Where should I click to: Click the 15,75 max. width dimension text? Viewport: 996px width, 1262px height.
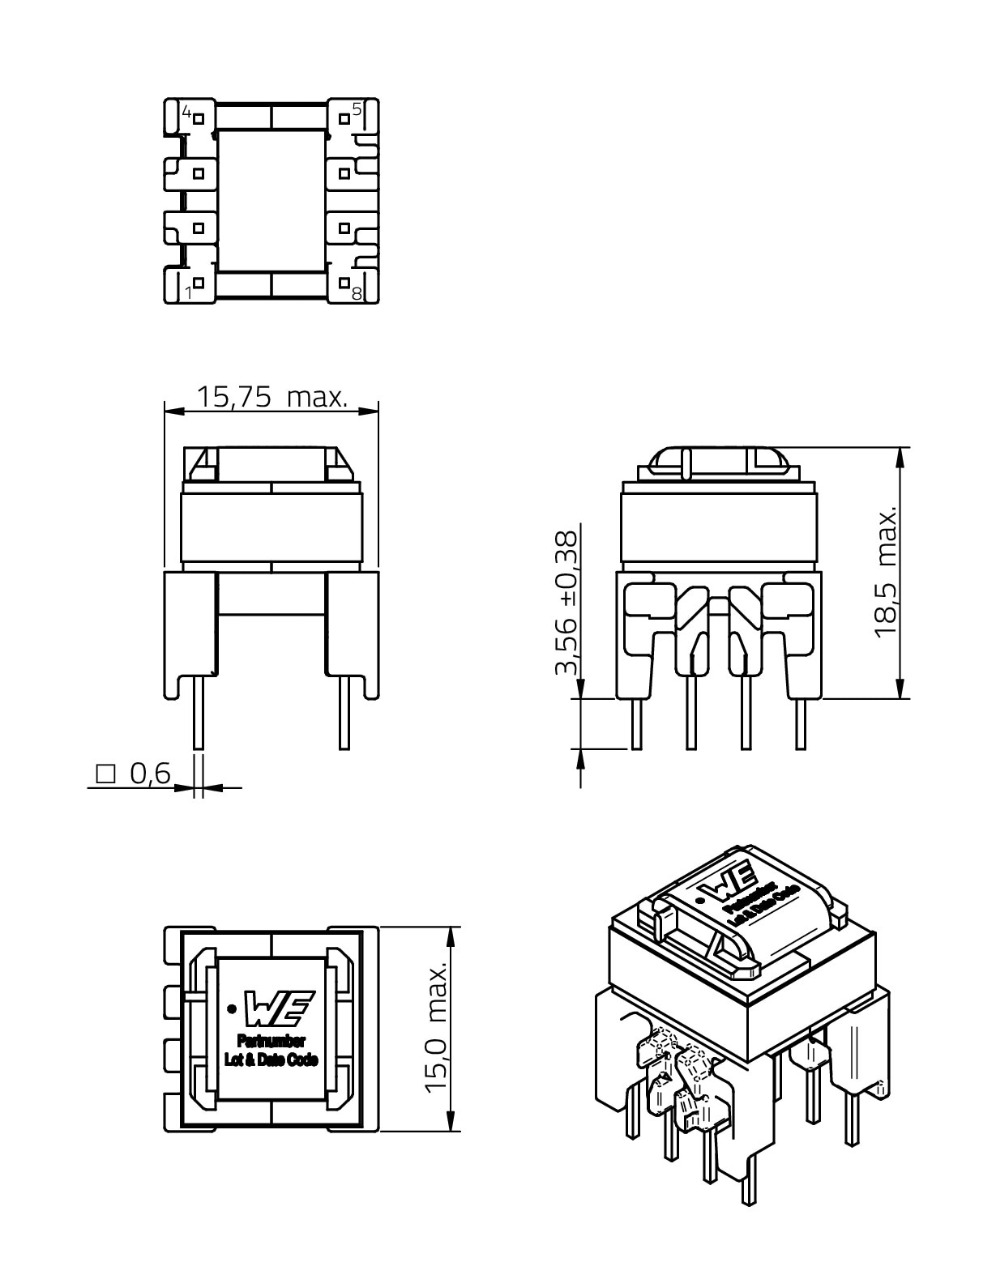[272, 397]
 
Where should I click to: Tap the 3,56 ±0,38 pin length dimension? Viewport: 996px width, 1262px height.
[567, 603]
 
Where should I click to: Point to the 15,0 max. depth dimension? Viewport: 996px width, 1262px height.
[438, 1029]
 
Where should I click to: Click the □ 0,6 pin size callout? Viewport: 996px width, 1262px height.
[134, 774]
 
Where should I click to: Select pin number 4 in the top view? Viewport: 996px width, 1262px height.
[186, 112]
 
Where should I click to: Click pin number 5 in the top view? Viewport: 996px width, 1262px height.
[357, 108]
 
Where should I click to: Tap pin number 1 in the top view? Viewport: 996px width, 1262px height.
[189, 292]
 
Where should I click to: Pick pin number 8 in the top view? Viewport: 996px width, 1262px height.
[357, 292]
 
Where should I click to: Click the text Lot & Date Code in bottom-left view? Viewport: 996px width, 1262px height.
[271, 1059]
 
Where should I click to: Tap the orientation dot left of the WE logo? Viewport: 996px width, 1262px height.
[233, 1008]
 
